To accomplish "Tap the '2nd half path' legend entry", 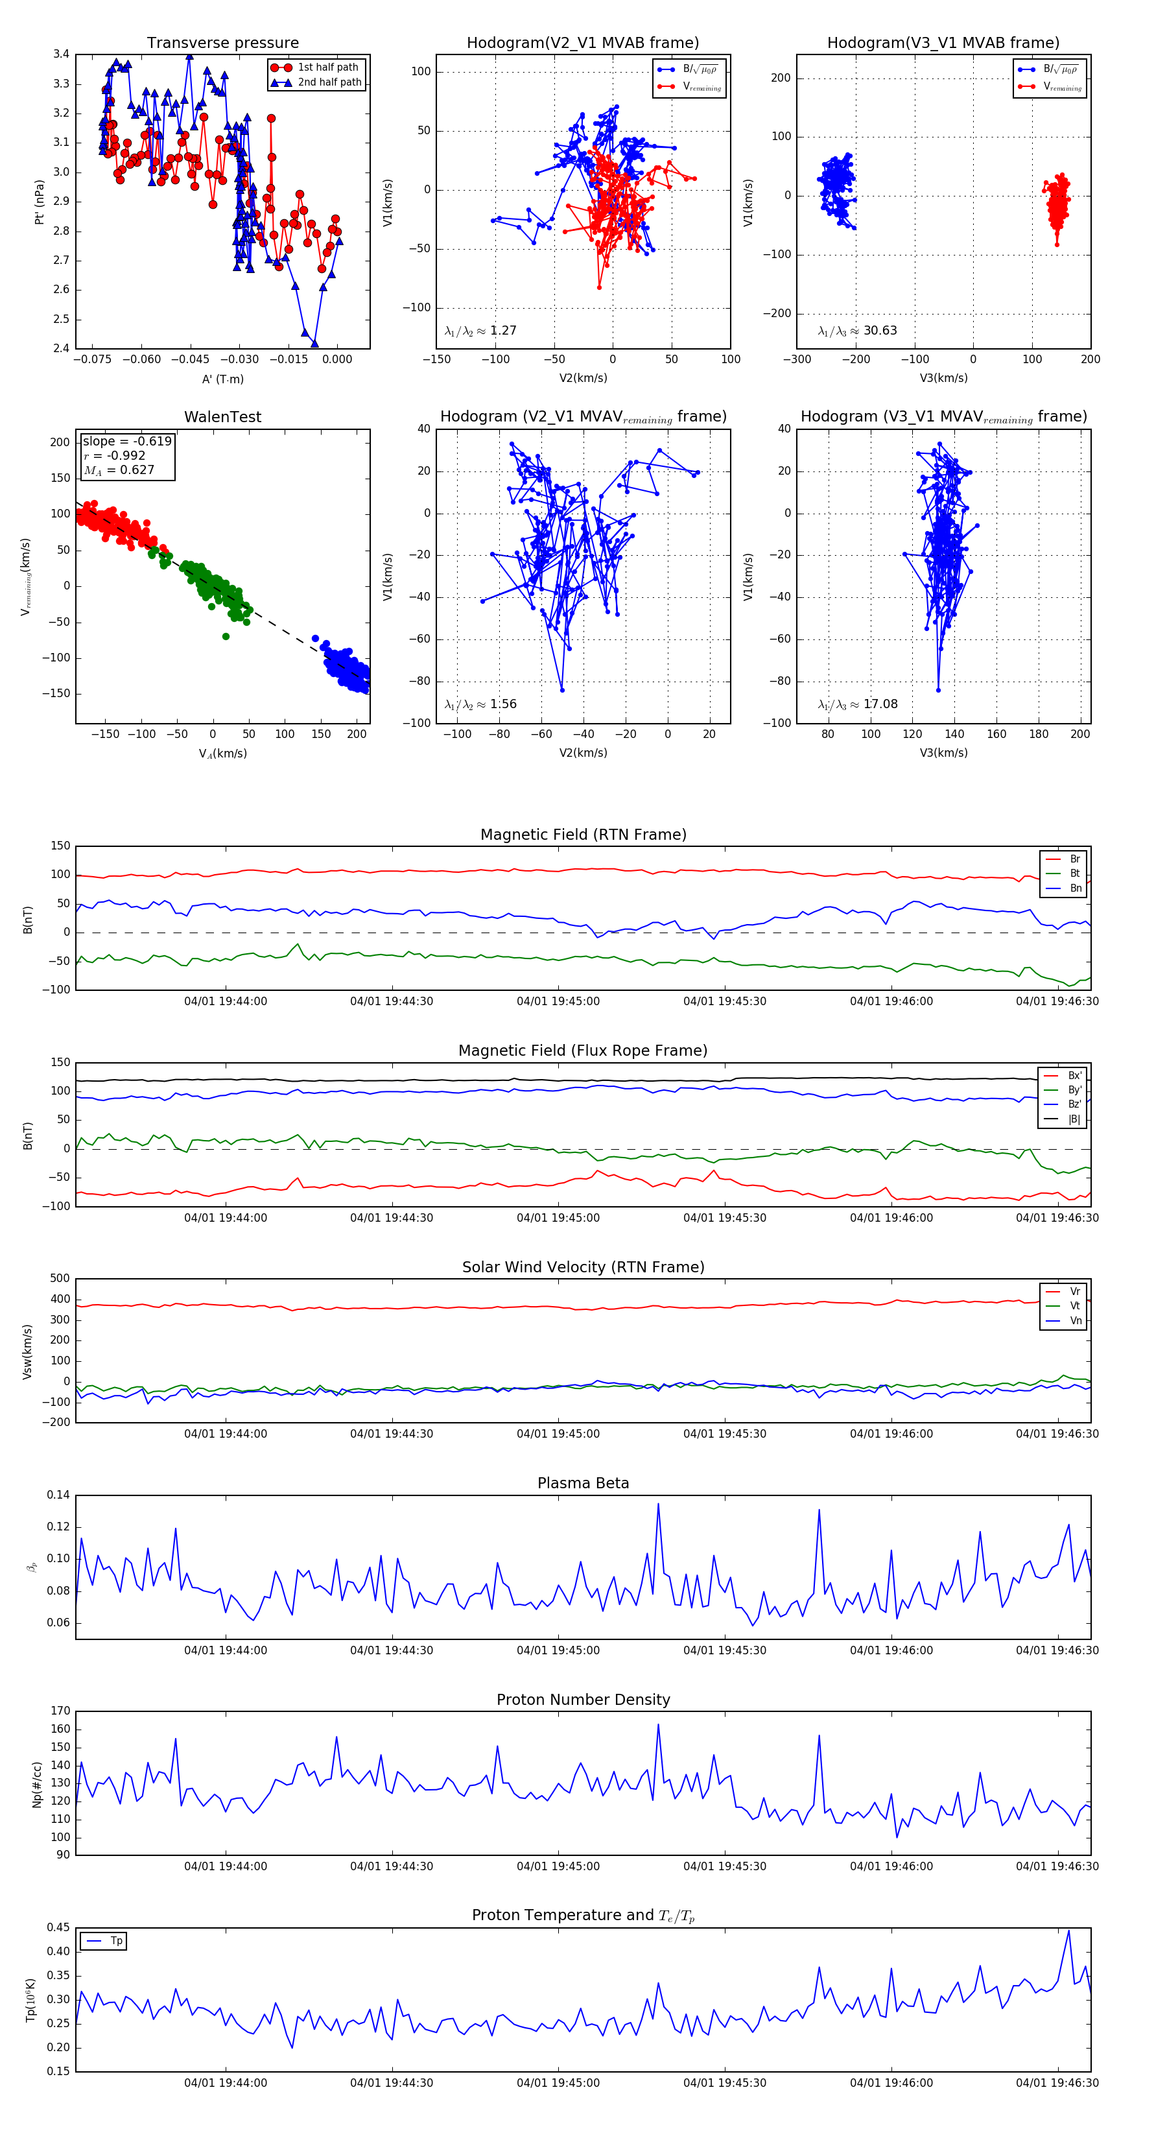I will (329, 82).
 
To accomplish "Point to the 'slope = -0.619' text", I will (126, 441).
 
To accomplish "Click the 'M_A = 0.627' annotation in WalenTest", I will (118, 470).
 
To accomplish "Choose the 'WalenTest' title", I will (222, 417).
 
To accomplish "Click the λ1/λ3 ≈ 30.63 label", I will (857, 331).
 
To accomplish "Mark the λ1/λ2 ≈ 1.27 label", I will (480, 331).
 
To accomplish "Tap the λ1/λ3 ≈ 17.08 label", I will (857, 704).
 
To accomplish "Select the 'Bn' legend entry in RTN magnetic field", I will (1075, 888).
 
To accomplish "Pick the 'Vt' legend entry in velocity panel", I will (1075, 1306).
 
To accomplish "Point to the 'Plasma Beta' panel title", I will (583, 1483).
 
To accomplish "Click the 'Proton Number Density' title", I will (583, 1700).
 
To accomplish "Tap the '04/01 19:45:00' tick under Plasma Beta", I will (558, 1650).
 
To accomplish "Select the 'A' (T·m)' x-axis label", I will (222, 379).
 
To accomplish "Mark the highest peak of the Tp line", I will (1068, 1930).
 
